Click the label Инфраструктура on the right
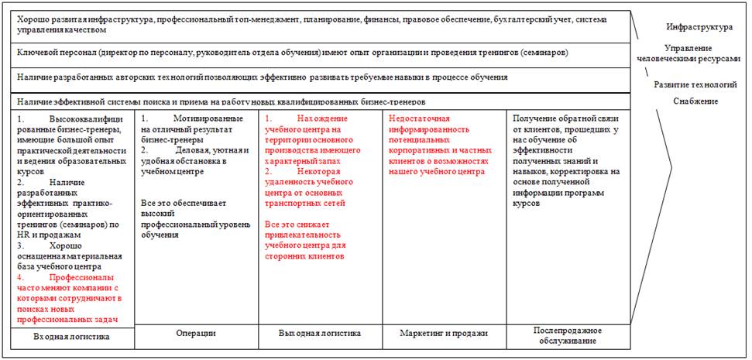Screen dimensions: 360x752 pyautogui.click(x=699, y=27)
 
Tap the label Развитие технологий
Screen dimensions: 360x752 pyautogui.click(x=695, y=84)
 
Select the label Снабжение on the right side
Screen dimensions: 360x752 pyautogui.click(x=695, y=101)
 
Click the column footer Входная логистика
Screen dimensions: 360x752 pyautogui.click(x=71, y=337)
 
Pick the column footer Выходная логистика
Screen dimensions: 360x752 pyautogui.click(x=320, y=333)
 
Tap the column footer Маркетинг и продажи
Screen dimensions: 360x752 pyautogui.click(x=444, y=333)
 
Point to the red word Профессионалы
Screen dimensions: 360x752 pyautogui.click(x=82, y=277)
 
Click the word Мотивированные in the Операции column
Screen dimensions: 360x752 pyautogui.click(x=208, y=118)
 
